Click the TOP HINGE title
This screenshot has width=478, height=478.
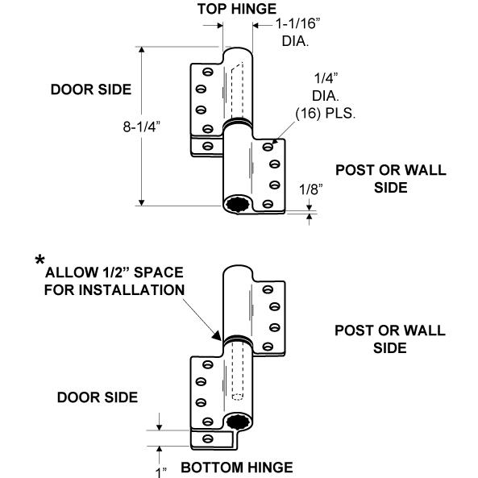237,9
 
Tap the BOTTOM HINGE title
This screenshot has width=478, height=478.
237,468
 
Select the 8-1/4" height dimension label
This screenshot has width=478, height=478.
141,127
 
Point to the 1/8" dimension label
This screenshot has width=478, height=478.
311,189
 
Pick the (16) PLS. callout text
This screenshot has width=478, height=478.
326,114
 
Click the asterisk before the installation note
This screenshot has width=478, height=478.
39,260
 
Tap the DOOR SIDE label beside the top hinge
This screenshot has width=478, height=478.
91,89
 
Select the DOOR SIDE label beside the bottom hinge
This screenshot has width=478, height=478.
98,397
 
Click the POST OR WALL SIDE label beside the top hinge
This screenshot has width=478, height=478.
391,179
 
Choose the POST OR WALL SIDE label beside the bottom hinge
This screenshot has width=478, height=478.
390,339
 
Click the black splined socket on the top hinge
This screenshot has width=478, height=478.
238,204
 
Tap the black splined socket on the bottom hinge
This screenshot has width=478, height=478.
238,422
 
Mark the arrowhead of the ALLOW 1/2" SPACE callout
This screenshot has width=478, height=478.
217,336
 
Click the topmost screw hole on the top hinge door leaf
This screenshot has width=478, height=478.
208,72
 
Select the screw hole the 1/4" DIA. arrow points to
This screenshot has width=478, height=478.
268,147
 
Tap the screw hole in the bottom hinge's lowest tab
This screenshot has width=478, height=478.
208,439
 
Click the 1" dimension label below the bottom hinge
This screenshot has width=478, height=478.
161,472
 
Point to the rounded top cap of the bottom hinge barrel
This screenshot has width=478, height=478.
238,272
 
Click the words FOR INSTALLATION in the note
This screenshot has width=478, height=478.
114,289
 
